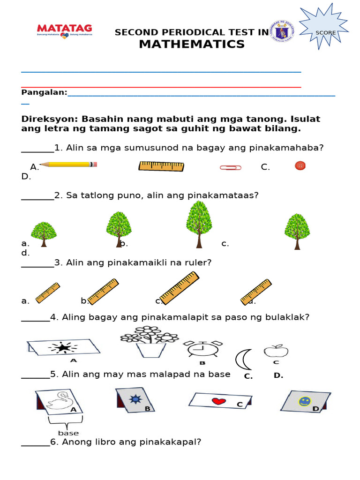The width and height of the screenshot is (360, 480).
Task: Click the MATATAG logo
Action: click(x=64, y=31)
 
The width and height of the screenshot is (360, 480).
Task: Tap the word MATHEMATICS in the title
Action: click(x=192, y=45)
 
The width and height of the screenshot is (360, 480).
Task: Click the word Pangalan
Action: click(x=44, y=92)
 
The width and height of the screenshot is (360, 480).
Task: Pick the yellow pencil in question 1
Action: click(x=68, y=165)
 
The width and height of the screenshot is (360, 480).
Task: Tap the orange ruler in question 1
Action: click(x=161, y=166)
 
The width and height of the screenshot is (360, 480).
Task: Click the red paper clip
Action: click(x=230, y=167)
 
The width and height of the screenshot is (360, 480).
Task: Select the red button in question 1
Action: click(x=300, y=165)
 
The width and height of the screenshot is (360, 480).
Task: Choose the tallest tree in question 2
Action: click(x=199, y=222)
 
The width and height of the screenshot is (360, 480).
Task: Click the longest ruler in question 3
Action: click(x=179, y=288)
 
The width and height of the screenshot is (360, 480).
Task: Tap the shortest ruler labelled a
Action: click(x=48, y=292)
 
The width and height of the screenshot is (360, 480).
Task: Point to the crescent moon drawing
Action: click(x=243, y=360)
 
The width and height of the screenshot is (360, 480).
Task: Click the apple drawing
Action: click(x=276, y=351)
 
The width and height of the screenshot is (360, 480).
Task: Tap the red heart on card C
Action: click(x=218, y=401)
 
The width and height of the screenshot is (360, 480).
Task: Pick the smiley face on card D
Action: click(x=305, y=402)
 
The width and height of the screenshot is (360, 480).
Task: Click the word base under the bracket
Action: click(x=68, y=433)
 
